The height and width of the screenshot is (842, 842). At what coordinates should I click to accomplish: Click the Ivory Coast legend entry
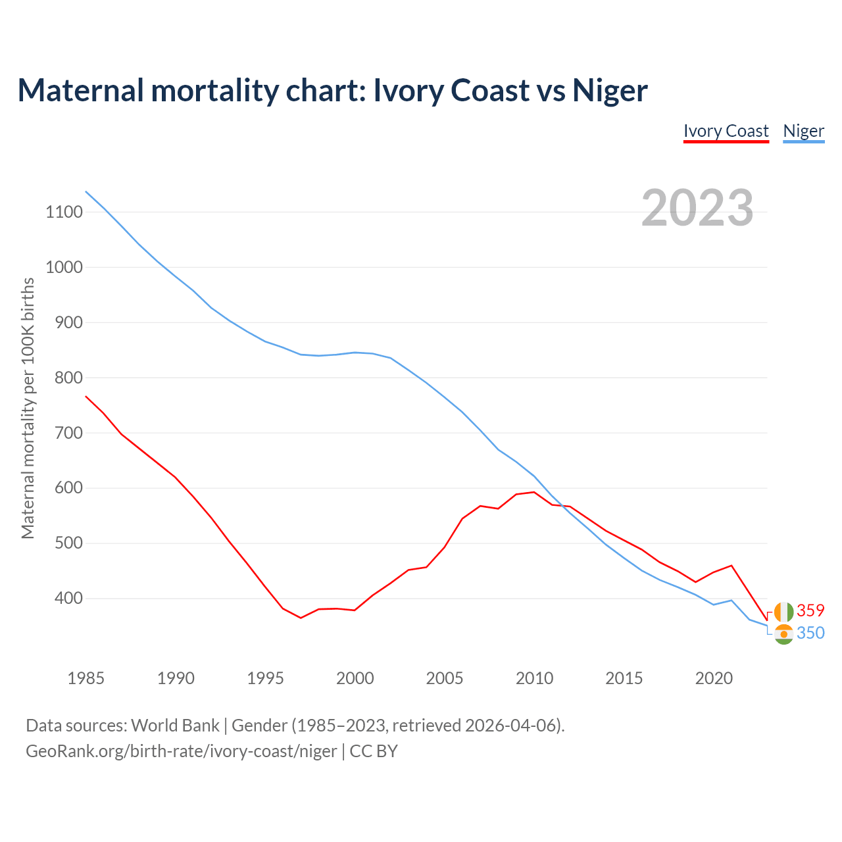pyautogui.click(x=726, y=131)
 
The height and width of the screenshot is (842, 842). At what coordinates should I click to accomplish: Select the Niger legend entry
pyautogui.click(x=803, y=131)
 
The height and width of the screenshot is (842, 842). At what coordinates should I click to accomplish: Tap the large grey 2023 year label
pyautogui.click(x=697, y=208)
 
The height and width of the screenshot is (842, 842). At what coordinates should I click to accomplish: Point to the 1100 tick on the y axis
pyautogui.click(x=64, y=212)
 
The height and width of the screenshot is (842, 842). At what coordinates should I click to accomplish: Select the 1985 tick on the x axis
pyautogui.click(x=86, y=678)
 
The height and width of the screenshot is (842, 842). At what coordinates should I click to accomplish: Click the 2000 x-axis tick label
pyautogui.click(x=355, y=678)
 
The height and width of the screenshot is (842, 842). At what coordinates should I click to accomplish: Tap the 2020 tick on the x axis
pyautogui.click(x=714, y=678)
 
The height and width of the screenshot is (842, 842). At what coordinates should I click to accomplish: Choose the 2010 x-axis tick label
pyautogui.click(x=534, y=678)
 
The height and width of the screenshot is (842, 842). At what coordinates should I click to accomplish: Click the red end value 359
pyautogui.click(x=810, y=610)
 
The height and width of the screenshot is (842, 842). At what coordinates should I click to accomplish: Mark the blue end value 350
pyautogui.click(x=810, y=633)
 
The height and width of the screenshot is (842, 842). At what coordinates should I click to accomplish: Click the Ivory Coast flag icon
pyautogui.click(x=783, y=612)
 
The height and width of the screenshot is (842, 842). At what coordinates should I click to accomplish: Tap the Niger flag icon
pyautogui.click(x=783, y=634)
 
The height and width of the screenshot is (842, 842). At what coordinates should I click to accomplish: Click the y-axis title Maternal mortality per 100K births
pyautogui.click(x=28, y=408)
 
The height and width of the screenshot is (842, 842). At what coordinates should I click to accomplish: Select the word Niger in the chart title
pyautogui.click(x=610, y=90)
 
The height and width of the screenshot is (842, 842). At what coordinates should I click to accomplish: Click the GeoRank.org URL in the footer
pyautogui.click(x=181, y=751)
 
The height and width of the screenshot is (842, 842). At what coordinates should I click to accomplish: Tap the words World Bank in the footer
pyautogui.click(x=175, y=726)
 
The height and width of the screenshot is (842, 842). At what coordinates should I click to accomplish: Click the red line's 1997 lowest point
pyautogui.click(x=301, y=618)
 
